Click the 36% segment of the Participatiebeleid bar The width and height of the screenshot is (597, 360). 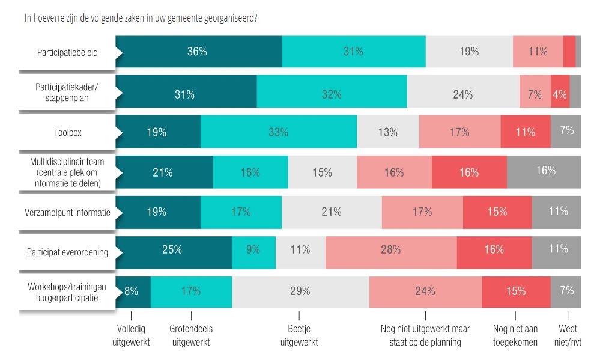click(198, 52)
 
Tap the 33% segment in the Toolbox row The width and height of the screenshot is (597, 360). click(279, 132)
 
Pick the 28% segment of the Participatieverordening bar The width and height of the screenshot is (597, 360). click(391, 249)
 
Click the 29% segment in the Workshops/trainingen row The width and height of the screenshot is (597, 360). click(300, 291)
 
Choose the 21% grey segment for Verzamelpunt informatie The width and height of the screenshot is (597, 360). click(332, 212)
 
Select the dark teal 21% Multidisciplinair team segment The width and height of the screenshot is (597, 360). click(163, 172)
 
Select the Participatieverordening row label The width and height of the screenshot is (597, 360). click(68, 252)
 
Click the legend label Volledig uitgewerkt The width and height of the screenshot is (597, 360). click(131, 335)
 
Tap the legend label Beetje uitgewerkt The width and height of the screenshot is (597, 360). click(299, 335)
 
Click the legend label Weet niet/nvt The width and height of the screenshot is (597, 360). click(568, 335)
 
